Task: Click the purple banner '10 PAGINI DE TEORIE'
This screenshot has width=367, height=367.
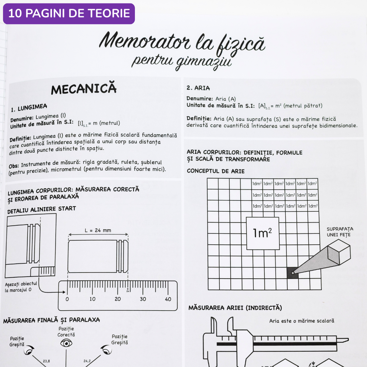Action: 69,14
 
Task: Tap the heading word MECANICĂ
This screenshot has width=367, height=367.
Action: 84,88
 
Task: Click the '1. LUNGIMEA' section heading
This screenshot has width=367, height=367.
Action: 29,108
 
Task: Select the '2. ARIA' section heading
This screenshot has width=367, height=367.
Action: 198,88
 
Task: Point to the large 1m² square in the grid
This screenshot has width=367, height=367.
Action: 263,233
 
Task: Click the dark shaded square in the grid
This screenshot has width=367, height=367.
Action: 293,273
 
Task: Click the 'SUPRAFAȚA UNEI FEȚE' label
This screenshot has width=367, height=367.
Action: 340,232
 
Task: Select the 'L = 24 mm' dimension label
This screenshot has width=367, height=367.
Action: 98,230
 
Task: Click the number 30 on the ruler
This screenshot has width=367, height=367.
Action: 143,299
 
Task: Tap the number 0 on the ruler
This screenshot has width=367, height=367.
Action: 67,299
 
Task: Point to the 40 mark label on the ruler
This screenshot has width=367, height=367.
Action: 168,299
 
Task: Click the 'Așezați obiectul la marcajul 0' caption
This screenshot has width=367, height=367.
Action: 21,287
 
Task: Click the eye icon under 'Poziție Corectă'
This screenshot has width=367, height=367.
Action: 66,343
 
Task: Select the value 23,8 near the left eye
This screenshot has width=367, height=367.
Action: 46,361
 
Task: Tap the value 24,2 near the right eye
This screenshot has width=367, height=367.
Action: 87,361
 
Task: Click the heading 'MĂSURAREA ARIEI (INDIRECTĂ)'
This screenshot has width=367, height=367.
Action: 235,308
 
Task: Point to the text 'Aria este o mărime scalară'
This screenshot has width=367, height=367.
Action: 302,321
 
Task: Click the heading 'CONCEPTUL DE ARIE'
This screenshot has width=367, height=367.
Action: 215,171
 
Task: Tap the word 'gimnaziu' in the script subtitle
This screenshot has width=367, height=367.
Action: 204,62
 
